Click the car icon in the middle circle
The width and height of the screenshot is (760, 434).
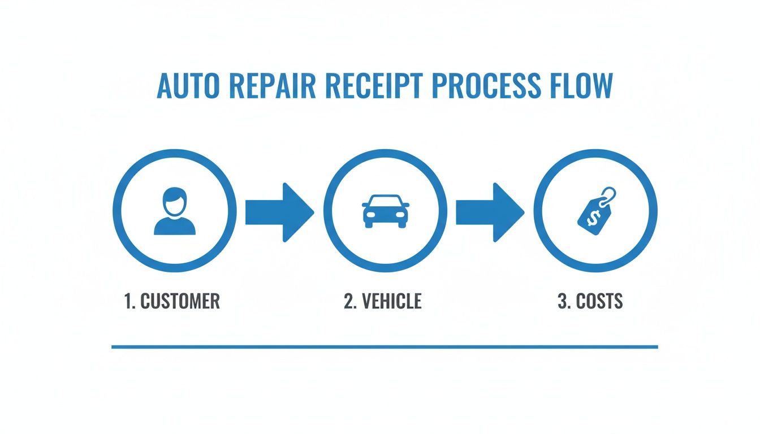385,211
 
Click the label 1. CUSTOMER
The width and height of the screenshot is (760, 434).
172,301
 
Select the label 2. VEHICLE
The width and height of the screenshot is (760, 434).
383,301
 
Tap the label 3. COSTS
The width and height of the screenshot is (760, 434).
590,301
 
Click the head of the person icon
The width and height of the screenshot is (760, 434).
175,201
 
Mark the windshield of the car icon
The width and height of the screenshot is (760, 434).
385,202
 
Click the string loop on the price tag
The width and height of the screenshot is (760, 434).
609,196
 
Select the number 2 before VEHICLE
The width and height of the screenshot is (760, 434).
348,301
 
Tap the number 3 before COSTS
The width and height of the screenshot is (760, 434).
563,301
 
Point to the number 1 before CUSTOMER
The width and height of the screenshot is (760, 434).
128,301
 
